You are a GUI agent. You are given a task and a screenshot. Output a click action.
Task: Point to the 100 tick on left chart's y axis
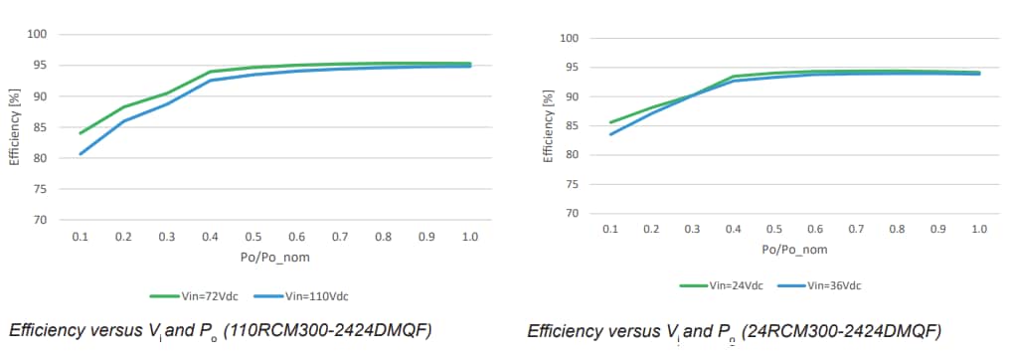coord(40,35)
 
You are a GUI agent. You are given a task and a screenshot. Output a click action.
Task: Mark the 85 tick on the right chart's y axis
coord(571,125)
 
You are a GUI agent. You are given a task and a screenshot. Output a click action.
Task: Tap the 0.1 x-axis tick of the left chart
coord(81,238)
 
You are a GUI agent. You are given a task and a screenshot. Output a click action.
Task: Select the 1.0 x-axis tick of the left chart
coord(470,238)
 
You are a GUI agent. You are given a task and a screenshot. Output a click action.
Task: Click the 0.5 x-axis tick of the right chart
coord(773,229)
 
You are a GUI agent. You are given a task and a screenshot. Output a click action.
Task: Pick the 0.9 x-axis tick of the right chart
coord(937,229)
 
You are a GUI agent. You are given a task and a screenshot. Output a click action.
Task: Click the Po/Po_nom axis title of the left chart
coord(274,259)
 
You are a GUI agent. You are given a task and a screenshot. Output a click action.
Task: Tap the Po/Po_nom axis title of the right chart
coord(793,249)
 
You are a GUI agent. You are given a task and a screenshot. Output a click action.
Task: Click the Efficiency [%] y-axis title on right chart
coord(548,125)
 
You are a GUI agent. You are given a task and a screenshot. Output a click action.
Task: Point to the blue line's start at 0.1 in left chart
coord(81,153)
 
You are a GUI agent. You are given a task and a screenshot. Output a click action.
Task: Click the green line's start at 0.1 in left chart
coord(81,133)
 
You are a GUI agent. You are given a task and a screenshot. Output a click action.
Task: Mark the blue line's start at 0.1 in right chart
coord(610,134)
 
